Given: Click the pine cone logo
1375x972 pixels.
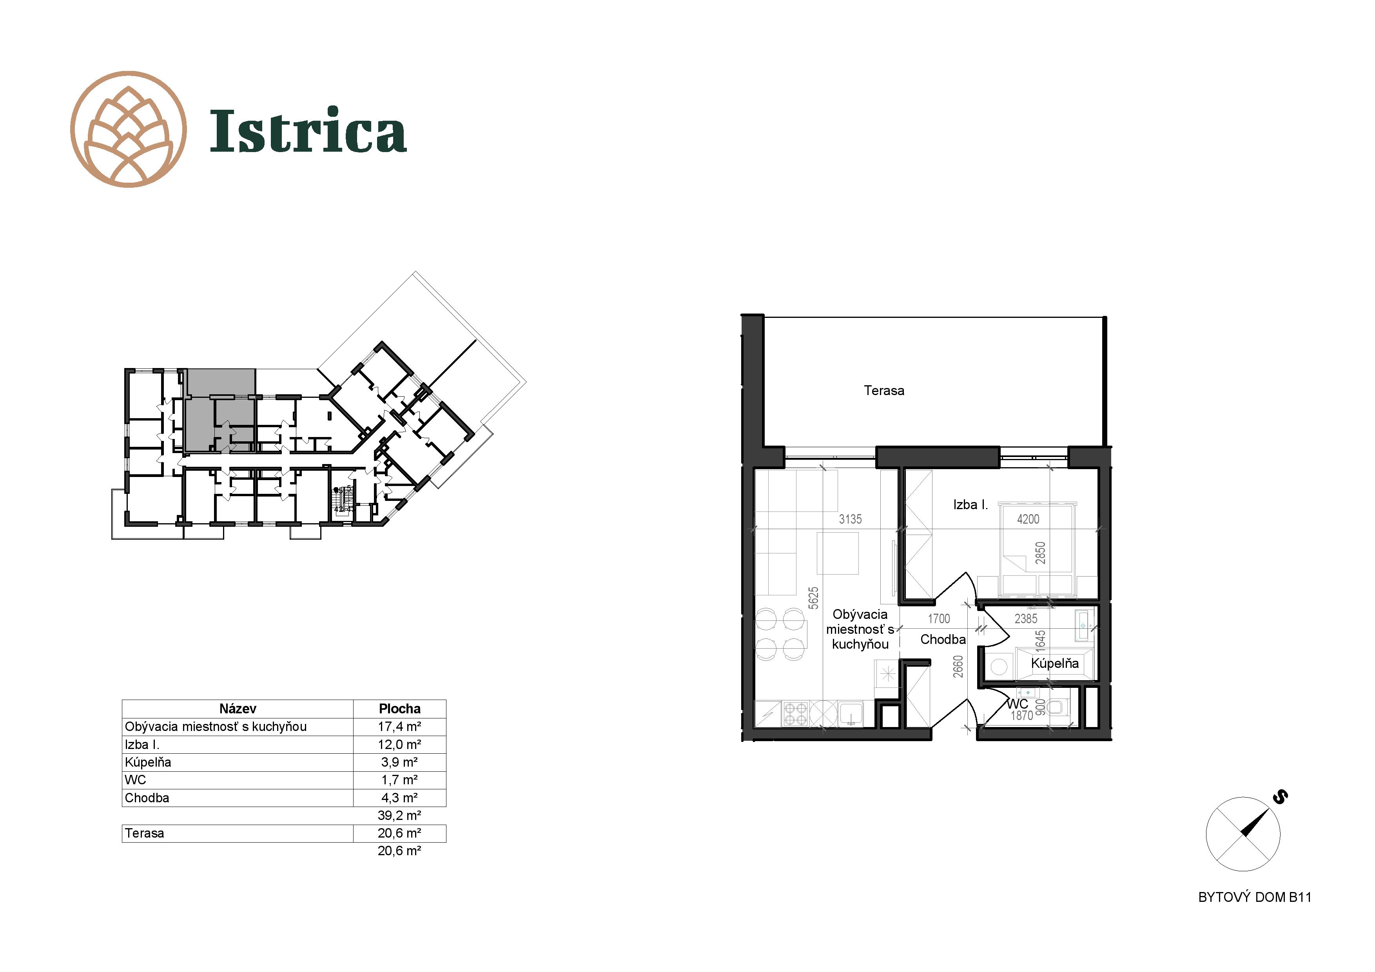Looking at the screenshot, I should [128, 129].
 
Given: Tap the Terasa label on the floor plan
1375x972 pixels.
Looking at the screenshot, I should [884, 390].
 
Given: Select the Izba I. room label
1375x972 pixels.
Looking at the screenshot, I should [970, 505].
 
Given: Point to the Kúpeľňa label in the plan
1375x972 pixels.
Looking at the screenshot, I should [1055, 664].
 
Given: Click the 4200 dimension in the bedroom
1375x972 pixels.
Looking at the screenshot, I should [1028, 519].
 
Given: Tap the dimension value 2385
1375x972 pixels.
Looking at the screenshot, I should [1026, 618].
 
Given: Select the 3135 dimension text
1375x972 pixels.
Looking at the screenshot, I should [851, 519].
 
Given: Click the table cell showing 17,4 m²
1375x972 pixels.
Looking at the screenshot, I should [399, 727].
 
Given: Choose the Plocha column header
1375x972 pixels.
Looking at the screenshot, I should [399, 709].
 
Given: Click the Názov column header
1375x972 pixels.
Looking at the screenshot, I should [238, 709].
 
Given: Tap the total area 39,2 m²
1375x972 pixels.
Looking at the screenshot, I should [399, 815].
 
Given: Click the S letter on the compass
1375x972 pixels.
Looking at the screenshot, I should [1281, 796].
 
